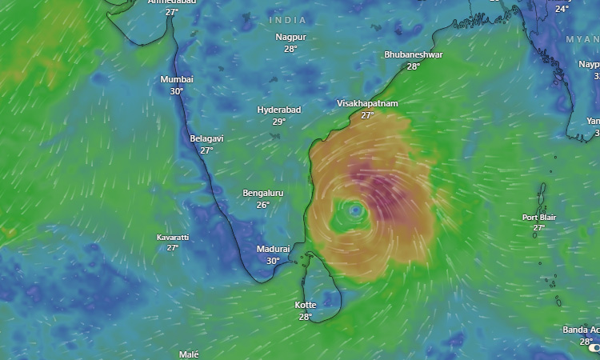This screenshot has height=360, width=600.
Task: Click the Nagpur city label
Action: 290,37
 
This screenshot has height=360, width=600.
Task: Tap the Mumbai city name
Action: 177,79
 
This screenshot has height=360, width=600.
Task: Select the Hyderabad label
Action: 279,110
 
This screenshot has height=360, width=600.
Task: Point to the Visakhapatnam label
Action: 367,104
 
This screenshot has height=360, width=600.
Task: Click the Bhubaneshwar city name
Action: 413,54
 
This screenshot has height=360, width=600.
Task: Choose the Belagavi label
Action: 206,138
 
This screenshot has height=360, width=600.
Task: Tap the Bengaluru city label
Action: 263,193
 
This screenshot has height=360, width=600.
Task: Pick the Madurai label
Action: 273,249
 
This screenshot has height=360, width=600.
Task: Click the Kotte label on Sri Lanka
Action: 306,305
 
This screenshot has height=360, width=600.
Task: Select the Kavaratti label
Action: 173,238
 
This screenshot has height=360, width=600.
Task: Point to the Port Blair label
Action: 539,217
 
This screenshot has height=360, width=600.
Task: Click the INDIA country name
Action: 288,19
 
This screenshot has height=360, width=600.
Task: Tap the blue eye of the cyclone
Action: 356,210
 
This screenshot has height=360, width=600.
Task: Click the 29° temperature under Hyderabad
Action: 278,122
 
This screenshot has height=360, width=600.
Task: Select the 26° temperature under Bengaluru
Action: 263,205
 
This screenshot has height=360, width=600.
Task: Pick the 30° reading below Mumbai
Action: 177,91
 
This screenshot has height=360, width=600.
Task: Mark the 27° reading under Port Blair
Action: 539,228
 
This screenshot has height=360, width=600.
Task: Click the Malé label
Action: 189,354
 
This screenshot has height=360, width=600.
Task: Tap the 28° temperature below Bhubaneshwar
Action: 413,66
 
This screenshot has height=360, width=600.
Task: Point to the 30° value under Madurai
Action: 273,261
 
